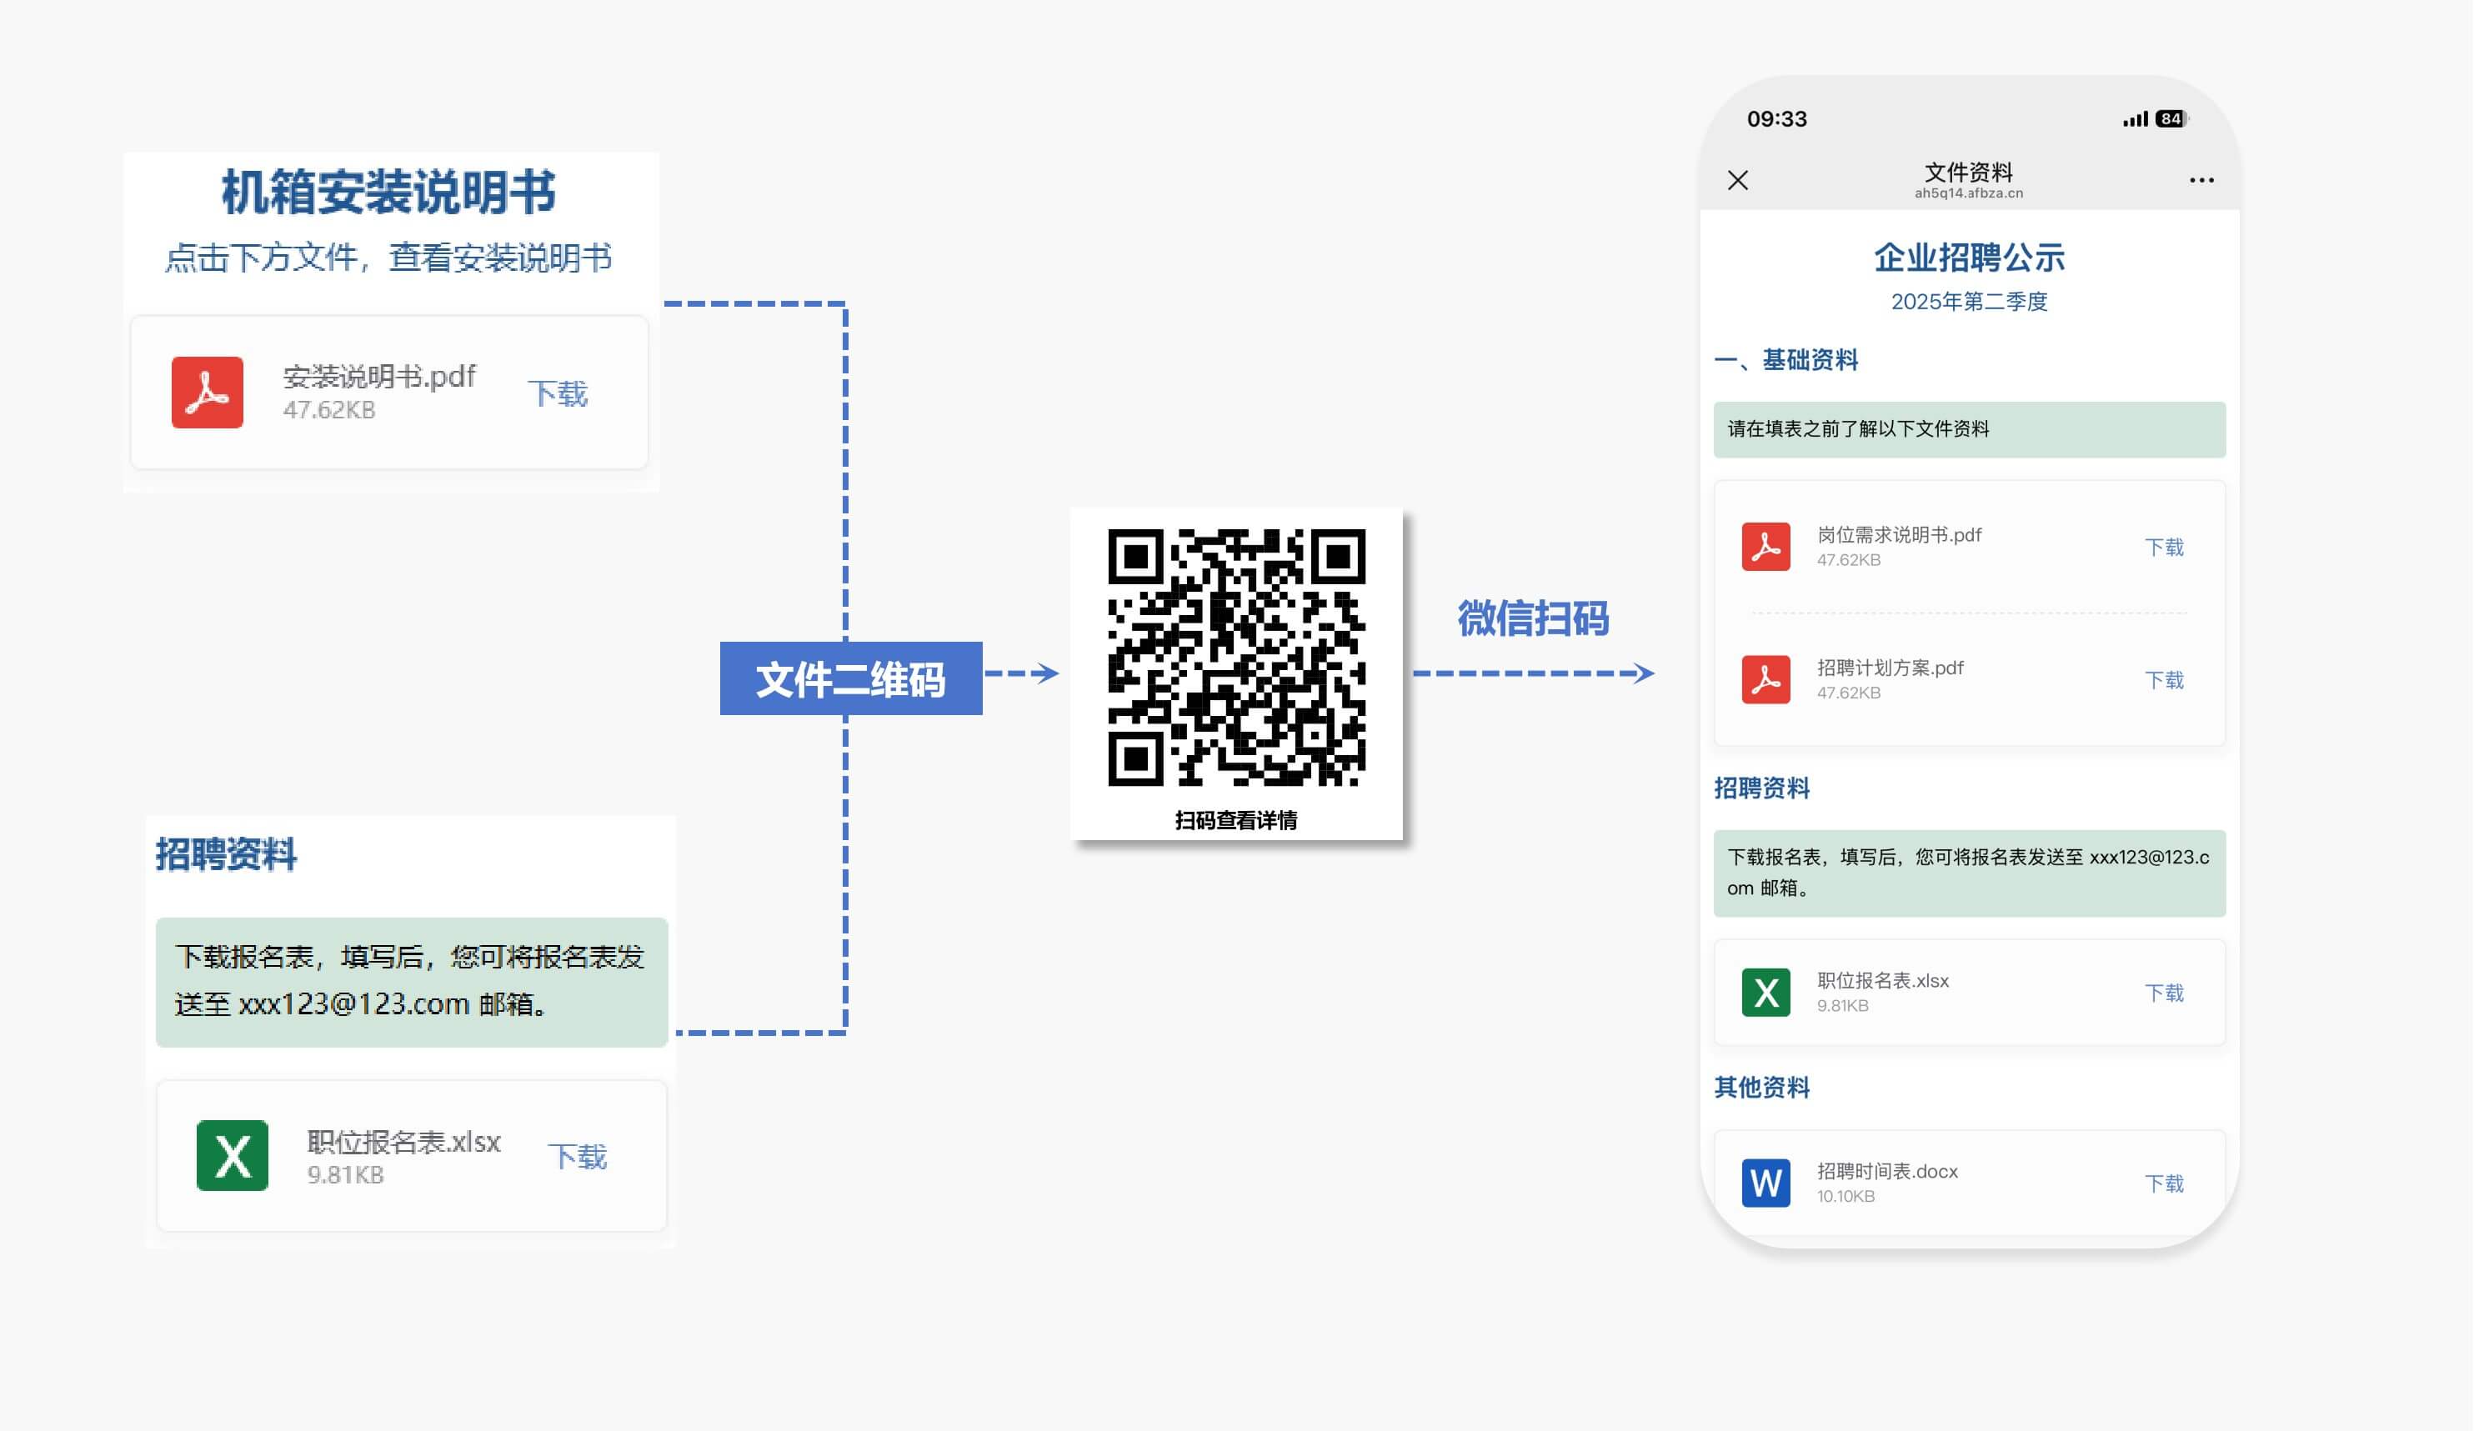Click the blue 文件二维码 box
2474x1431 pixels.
pyautogui.click(x=850, y=678)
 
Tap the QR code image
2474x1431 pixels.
pyautogui.click(x=1236, y=657)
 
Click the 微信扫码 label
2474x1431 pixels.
pyautogui.click(x=1533, y=618)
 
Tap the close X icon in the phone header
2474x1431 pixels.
pyautogui.click(x=1738, y=181)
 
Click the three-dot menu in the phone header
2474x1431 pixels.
pyautogui.click(x=2201, y=181)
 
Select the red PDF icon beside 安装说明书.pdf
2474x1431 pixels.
pyautogui.click(x=208, y=393)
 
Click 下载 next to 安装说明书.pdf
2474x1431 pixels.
pyautogui.click(x=558, y=393)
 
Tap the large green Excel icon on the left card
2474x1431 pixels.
pyautogui.click(x=232, y=1155)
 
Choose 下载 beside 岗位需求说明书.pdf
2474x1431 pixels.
pyautogui.click(x=2164, y=548)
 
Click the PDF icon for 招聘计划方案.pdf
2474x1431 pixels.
pyautogui.click(x=1765, y=679)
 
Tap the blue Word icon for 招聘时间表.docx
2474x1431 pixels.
pyautogui.click(x=1765, y=1183)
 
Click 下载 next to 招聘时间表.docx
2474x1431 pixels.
pyautogui.click(x=2164, y=1183)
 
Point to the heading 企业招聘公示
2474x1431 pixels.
pyautogui.click(x=1968, y=258)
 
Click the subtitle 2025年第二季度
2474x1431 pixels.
pyautogui.click(x=1968, y=302)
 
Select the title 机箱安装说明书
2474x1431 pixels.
pyautogui.click(x=388, y=192)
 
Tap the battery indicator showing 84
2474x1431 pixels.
pyautogui.click(x=2171, y=118)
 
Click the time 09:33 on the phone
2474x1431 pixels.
pyautogui.click(x=1776, y=118)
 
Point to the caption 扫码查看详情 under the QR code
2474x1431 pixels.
pyautogui.click(x=1236, y=819)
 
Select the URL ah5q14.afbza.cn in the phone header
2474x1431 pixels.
pyautogui.click(x=1968, y=193)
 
